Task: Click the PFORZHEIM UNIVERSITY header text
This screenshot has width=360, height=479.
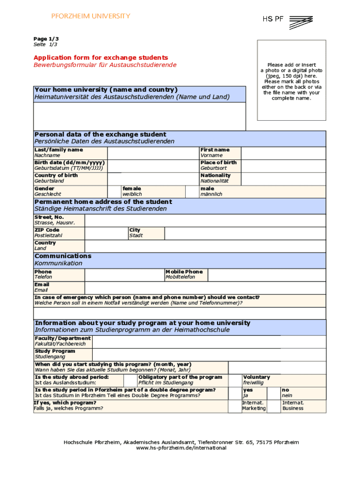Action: (x=91, y=16)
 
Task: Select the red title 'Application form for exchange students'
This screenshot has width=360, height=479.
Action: (x=101, y=58)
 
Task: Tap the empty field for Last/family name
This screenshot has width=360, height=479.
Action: (x=153, y=153)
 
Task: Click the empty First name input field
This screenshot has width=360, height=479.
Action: (x=283, y=153)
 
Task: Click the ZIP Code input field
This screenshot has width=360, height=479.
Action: (x=106, y=233)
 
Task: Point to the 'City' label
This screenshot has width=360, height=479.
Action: (x=135, y=230)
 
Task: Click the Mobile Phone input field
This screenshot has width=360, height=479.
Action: (x=266, y=275)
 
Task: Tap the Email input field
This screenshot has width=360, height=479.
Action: (x=205, y=288)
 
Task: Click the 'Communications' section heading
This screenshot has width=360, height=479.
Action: (x=63, y=256)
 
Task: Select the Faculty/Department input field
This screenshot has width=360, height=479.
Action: (x=209, y=341)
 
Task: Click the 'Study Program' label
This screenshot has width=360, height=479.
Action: (x=55, y=351)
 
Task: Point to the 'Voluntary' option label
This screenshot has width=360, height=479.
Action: (x=256, y=377)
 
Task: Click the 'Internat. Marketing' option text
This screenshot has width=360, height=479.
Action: (x=253, y=406)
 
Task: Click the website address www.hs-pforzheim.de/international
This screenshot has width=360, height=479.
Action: (x=181, y=448)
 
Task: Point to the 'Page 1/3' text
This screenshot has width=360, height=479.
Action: (x=46, y=39)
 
